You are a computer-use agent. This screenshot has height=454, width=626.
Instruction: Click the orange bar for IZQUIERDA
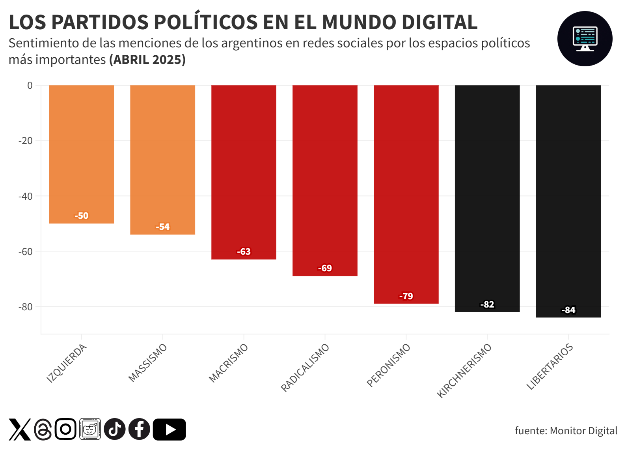click(82, 154)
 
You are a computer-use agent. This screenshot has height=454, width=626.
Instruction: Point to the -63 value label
click(244, 251)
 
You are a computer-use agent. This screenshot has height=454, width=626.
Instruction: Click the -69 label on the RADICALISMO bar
click(325, 268)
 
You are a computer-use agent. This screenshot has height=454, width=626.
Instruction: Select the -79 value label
click(406, 296)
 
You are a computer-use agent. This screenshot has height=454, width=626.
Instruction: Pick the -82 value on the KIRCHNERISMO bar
click(487, 304)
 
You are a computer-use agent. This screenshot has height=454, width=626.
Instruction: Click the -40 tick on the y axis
click(26, 196)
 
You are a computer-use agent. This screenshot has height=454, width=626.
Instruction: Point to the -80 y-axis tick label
click(26, 307)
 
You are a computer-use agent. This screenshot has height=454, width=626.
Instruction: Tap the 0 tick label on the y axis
click(30, 85)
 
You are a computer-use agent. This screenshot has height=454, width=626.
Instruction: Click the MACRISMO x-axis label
click(229, 363)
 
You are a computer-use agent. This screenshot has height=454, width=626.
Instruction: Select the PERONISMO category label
click(389, 365)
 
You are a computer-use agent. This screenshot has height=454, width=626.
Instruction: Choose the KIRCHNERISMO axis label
click(464, 370)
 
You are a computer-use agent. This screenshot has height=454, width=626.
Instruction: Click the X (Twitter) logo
click(20, 429)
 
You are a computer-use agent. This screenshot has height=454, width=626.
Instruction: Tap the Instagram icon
click(65, 429)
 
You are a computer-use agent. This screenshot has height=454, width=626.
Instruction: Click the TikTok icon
click(115, 429)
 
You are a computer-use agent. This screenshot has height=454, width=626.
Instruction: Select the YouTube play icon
click(170, 429)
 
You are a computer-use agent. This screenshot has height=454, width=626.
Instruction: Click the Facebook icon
click(139, 429)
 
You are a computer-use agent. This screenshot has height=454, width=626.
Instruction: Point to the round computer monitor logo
click(585, 39)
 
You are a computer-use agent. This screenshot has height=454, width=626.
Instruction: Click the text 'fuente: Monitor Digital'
click(566, 431)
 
